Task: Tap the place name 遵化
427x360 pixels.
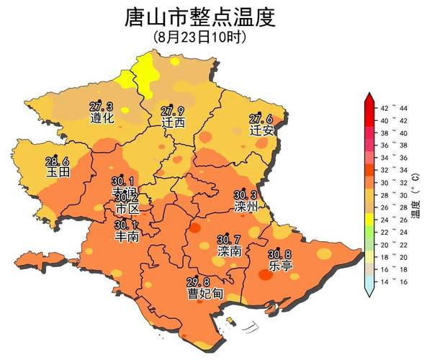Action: point(102,118)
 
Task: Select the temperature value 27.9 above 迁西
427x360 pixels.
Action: point(172,111)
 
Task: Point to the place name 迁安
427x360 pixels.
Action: point(261,131)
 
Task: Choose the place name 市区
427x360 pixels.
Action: point(127,209)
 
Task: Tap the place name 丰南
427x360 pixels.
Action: point(127,236)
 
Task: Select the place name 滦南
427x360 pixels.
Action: point(229,251)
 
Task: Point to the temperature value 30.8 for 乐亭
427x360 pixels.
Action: point(280,254)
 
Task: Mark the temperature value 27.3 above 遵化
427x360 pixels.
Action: point(101,107)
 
